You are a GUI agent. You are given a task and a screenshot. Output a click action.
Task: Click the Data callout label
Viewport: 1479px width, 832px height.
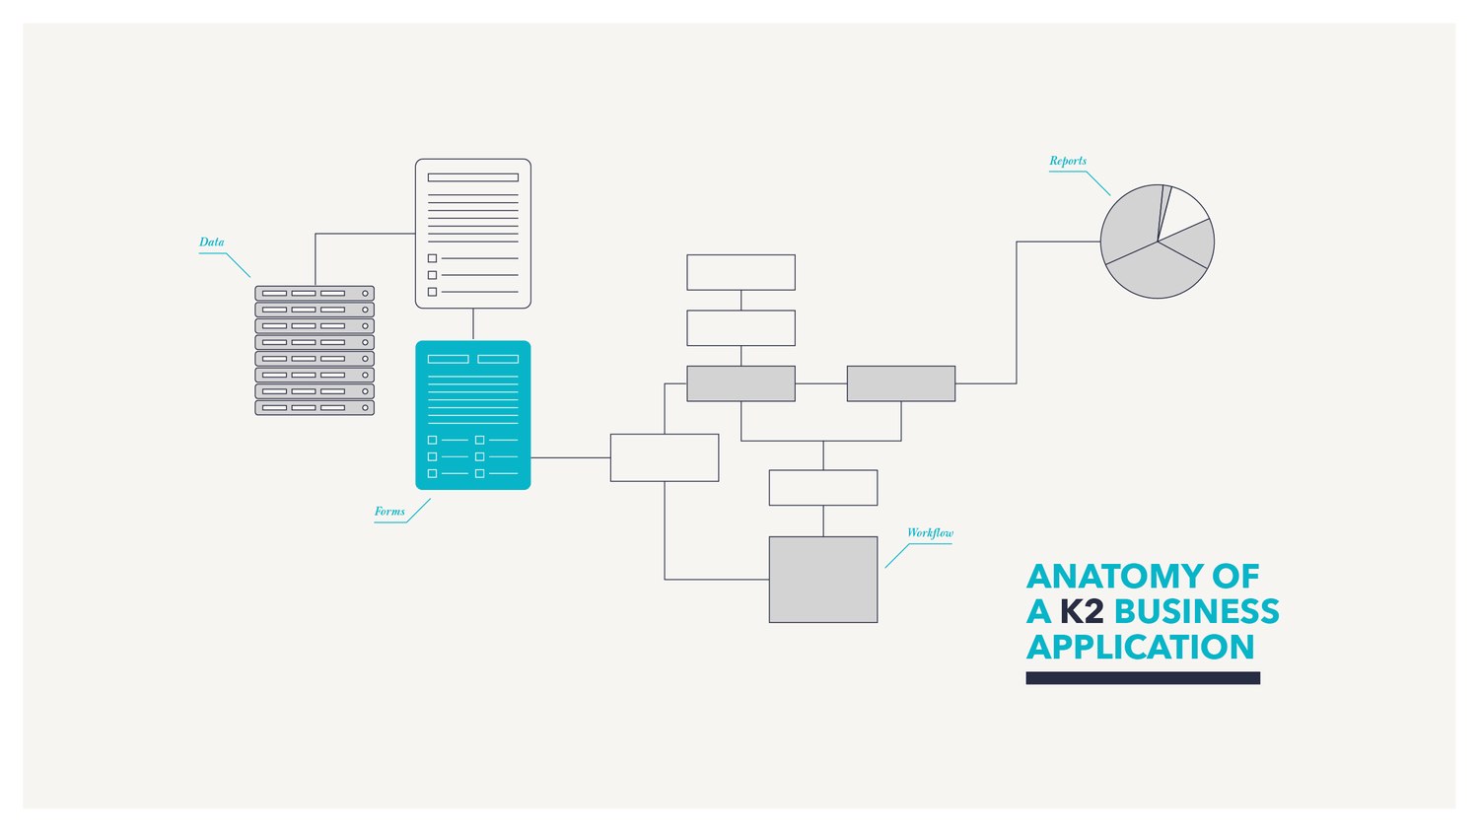[211, 242]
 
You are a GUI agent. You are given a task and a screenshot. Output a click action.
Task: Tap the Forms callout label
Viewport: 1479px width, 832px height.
[389, 511]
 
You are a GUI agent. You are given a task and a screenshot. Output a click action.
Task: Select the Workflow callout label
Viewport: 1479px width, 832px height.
[930, 532]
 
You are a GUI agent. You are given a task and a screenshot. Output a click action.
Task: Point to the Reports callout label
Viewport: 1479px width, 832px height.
[1068, 161]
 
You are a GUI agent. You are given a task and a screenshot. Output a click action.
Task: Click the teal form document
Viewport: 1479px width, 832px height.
[473, 415]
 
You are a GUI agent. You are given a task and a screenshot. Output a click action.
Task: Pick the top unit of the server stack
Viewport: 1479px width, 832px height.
[315, 293]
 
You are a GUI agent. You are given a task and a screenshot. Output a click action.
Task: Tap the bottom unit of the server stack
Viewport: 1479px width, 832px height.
[315, 407]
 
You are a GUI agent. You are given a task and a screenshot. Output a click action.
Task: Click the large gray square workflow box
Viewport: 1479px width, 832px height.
[823, 580]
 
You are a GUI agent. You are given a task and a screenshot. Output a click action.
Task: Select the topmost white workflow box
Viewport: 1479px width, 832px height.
[740, 272]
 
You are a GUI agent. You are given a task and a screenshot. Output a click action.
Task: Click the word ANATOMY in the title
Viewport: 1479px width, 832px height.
[1104, 576]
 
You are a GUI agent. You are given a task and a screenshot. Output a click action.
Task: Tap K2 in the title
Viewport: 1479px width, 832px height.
[1081, 611]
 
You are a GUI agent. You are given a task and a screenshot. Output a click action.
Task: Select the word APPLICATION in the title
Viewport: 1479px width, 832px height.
[1141, 647]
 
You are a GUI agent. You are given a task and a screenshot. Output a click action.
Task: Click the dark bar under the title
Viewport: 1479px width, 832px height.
[1143, 678]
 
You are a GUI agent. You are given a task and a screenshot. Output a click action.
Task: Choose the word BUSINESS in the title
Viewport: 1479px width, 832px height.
[1196, 611]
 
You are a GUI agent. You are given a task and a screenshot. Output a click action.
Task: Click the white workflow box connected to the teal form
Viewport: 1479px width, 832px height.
[665, 457]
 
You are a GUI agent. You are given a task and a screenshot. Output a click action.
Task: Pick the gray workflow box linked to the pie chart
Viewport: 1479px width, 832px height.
[901, 383]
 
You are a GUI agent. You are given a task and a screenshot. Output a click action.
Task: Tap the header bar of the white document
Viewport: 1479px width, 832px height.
[473, 177]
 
